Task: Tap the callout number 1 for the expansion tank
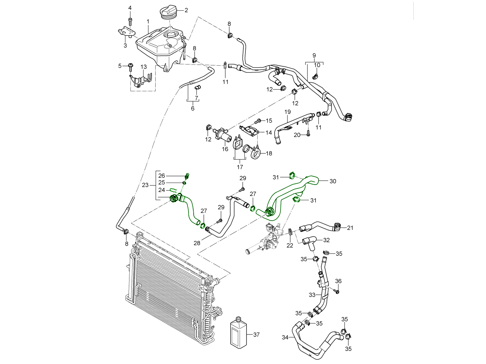(148, 22)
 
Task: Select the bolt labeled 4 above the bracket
(130, 22)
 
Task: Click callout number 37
(256, 335)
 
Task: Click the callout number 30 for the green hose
(333, 181)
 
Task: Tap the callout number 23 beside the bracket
(145, 185)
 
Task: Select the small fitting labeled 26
(187, 176)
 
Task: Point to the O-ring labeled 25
(184, 183)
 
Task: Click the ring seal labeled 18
(255, 153)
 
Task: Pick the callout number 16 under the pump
(225, 149)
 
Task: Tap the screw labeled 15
(259, 121)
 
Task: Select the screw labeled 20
(308, 134)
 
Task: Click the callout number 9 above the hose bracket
(314, 55)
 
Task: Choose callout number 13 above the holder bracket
(144, 67)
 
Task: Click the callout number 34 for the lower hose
(285, 337)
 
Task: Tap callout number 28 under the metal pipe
(197, 243)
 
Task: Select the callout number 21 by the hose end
(350, 228)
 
